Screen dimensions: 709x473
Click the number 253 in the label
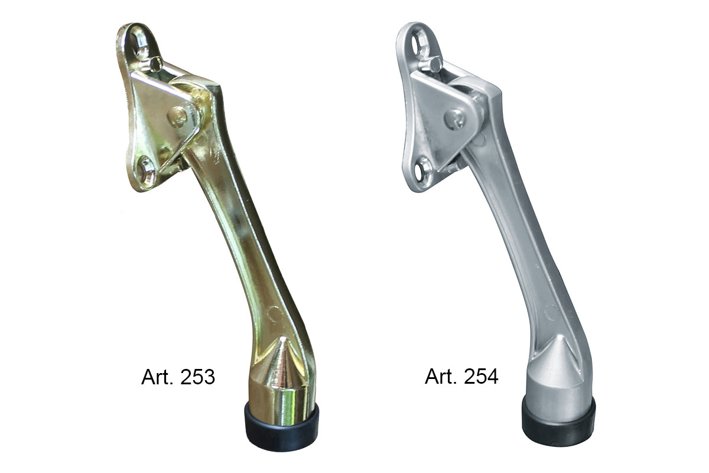pyautogui.click(x=197, y=377)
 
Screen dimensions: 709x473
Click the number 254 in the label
pyautogui.click(x=481, y=377)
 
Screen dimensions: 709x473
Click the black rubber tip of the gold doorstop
pyautogui.click(x=281, y=426)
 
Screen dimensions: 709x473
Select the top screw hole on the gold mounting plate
pyautogui.click(x=140, y=41)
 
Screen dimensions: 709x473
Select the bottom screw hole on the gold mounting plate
pyautogui.click(x=147, y=170)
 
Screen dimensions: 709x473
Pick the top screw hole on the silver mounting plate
pyautogui.click(x=419, y=41)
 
